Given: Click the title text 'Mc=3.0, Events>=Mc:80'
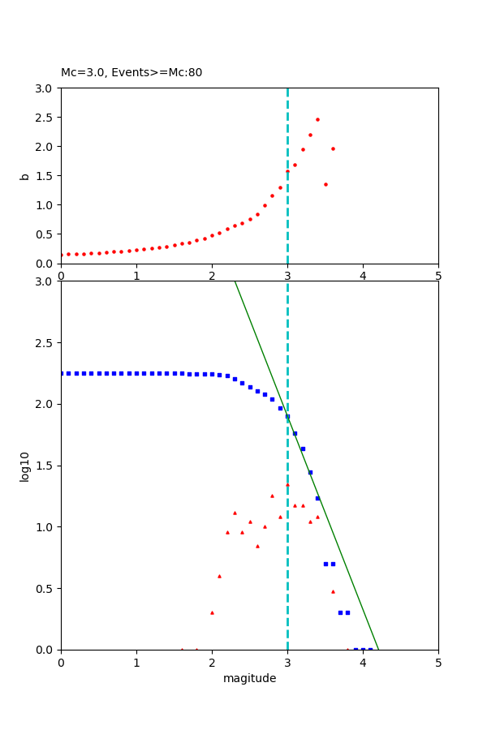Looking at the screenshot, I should pyautogui.click(x=131, y=73).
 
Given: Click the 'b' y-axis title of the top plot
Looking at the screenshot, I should pyautogui.click(x=25, y=176).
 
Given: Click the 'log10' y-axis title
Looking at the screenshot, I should pyautogui.click(x=25, y=466).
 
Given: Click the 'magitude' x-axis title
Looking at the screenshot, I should pyautogui.click(x=249, y=678).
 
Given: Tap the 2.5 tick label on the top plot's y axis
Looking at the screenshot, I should pyautogui.click(x=45, y=118).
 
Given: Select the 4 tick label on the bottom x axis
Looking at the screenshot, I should pyautogui.click(x=363, y=662).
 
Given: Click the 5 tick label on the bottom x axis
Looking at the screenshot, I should pyautogui.click(x=438, y=662).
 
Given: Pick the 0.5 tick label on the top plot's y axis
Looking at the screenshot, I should pyautogui.click(x=45, y=234).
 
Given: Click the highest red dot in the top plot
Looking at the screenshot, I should pyautogui.click(x=317, y=119).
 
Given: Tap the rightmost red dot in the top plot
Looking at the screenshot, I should pyautogui.click(x=333, y=148).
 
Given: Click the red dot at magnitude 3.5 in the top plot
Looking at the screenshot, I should pyautogui.click(x=325, y=184).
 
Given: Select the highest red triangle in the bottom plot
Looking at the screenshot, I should pyautogui.click(x=287, y=484).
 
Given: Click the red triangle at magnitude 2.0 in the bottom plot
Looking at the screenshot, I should pyautogui.click(x=212, y=612).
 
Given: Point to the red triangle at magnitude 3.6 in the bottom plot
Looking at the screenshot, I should pyautogui.click(x=333, y=591).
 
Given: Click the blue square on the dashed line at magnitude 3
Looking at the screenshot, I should pyautogui.click(x=287, y=416).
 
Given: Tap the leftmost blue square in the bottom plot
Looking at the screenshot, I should pyautogui.click(x=61, y=373).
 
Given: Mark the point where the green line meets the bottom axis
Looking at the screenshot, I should pyautogui.click(x=378, y=649).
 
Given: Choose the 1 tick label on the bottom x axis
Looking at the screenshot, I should pyautogui.click(x=136, y=662).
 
